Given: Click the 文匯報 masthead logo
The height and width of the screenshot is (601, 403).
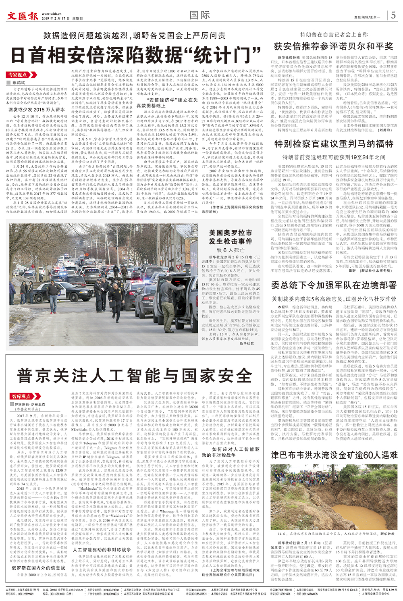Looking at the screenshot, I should [x=23, y=16].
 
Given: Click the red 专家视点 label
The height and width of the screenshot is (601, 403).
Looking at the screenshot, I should [x=17, y=75].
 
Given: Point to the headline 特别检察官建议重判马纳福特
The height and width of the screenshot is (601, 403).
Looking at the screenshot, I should [x=334, y=144].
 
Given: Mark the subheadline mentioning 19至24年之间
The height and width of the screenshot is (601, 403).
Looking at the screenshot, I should [x=334, y=157].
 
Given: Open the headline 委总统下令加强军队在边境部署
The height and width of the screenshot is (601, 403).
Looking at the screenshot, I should [x=334, y=285].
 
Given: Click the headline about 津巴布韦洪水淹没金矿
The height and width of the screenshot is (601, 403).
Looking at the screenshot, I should [x=334, y=455].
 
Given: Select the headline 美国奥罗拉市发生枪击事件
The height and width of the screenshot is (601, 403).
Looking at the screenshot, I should [x=231, y=237].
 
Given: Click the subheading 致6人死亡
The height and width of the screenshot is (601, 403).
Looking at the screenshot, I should [x=231, y=250].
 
